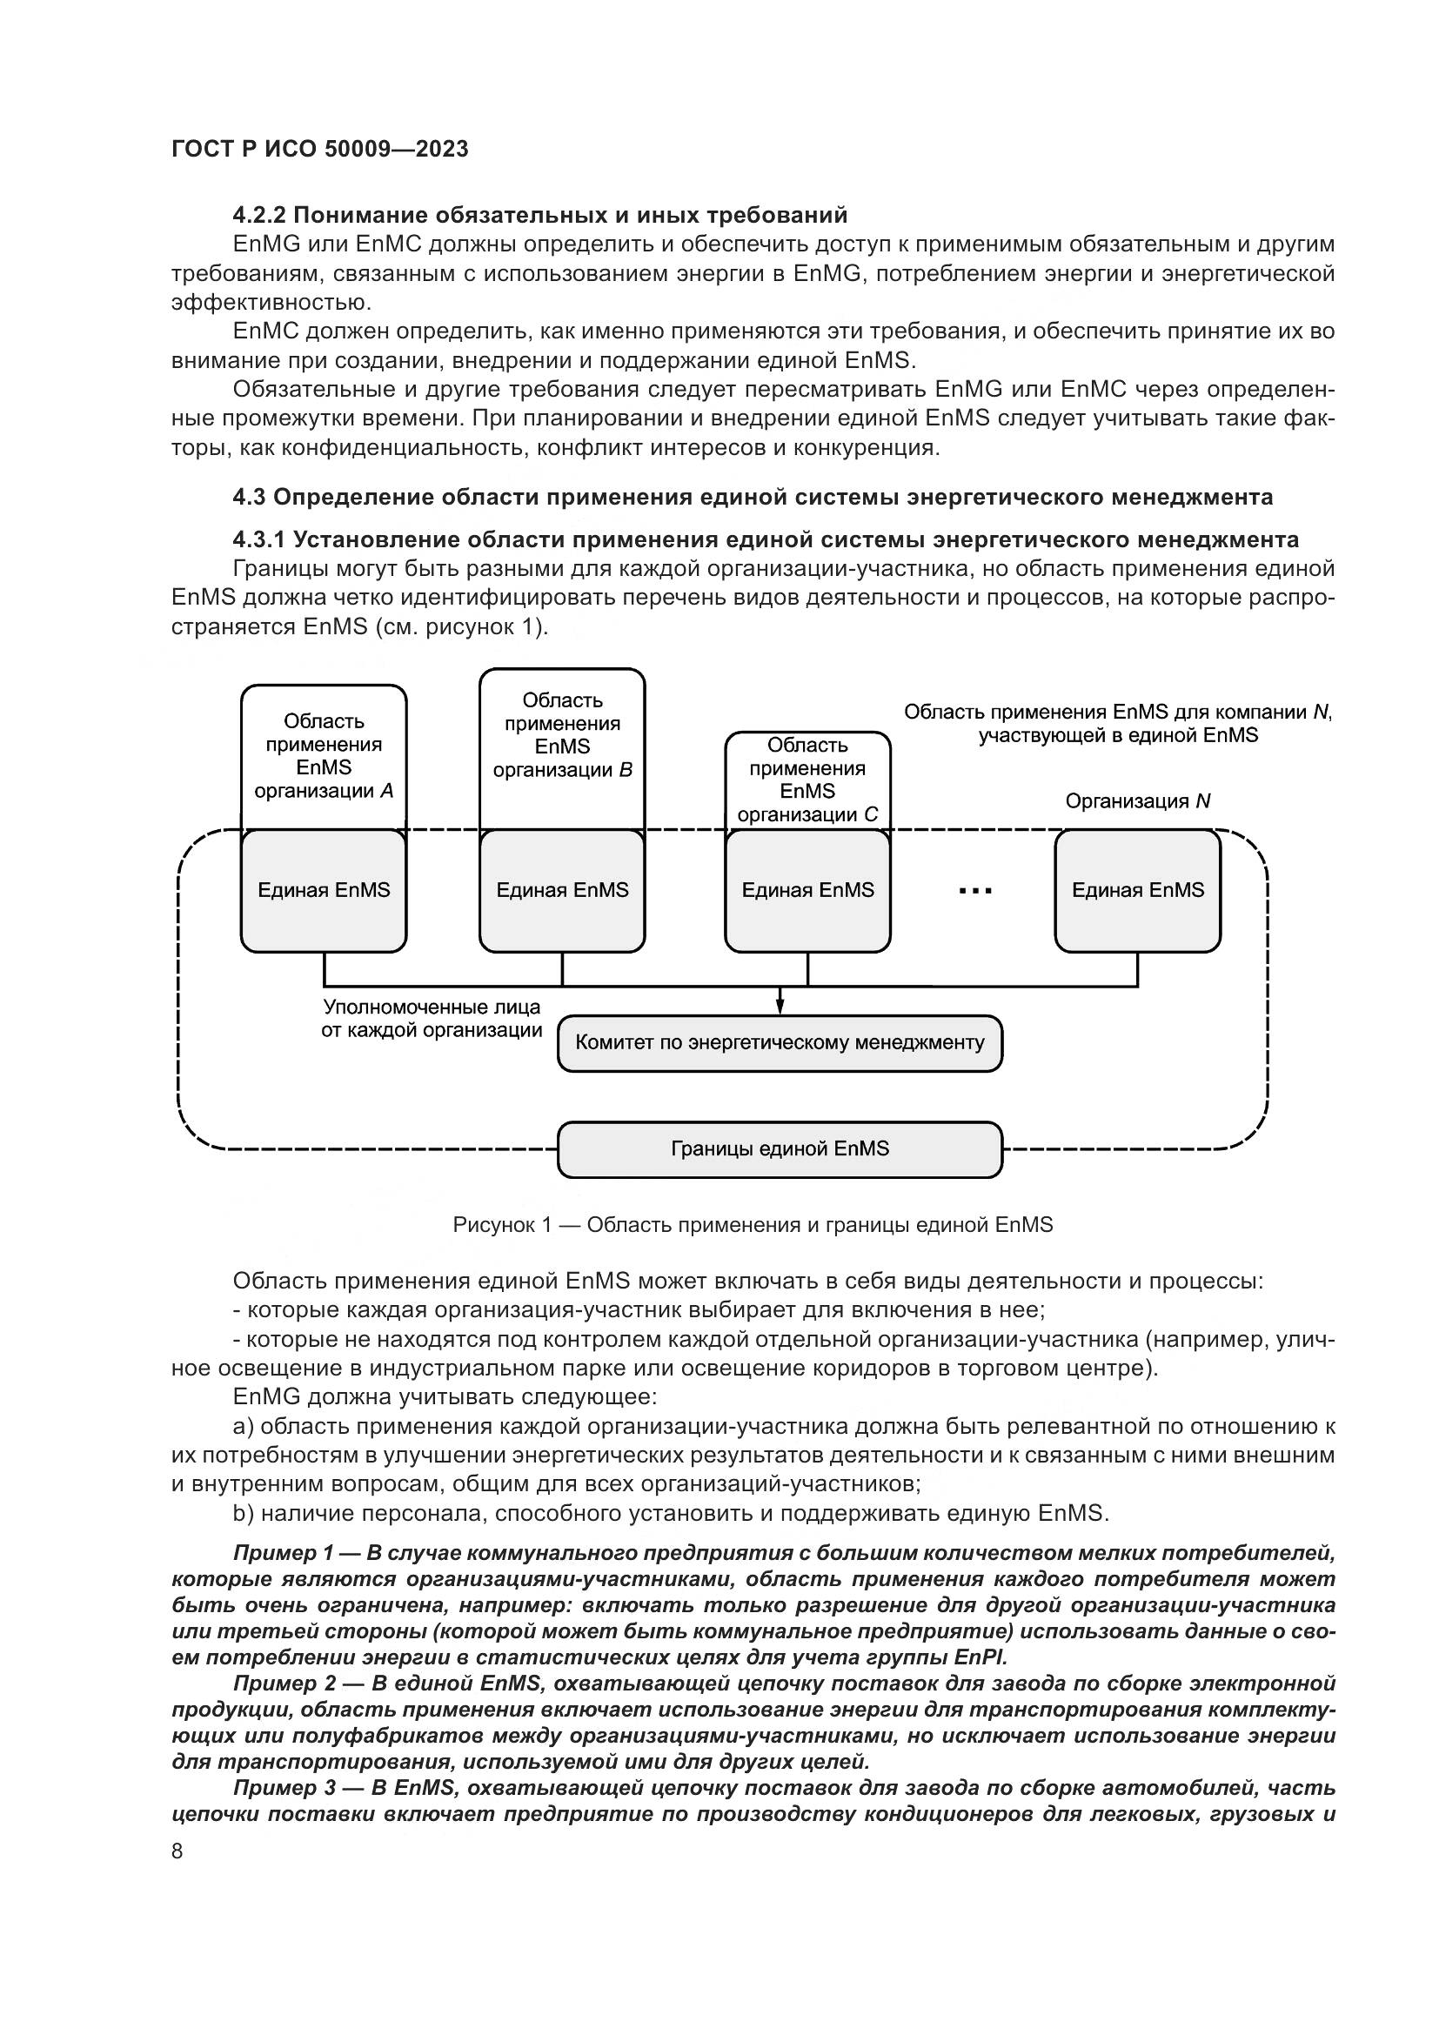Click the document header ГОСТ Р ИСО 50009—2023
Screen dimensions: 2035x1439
pos(320,149)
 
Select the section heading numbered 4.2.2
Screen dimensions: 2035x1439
pos(539,216)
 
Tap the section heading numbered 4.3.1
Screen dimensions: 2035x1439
pos(766,539)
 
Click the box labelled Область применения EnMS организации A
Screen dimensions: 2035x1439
pos(324,756)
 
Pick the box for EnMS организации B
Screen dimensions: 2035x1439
pos(562,736)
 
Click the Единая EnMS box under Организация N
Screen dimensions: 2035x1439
pos(1138,890)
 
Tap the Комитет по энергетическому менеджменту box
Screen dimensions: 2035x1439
pos(780,1042)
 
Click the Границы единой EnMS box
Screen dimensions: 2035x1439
pos(780,1148)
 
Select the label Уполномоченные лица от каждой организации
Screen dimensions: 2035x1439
pos(432,1020)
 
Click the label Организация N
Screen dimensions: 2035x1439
pos(1138,801)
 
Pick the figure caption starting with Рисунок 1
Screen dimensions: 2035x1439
pos(753,1225)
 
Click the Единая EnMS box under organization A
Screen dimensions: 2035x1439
pos(324,890)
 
